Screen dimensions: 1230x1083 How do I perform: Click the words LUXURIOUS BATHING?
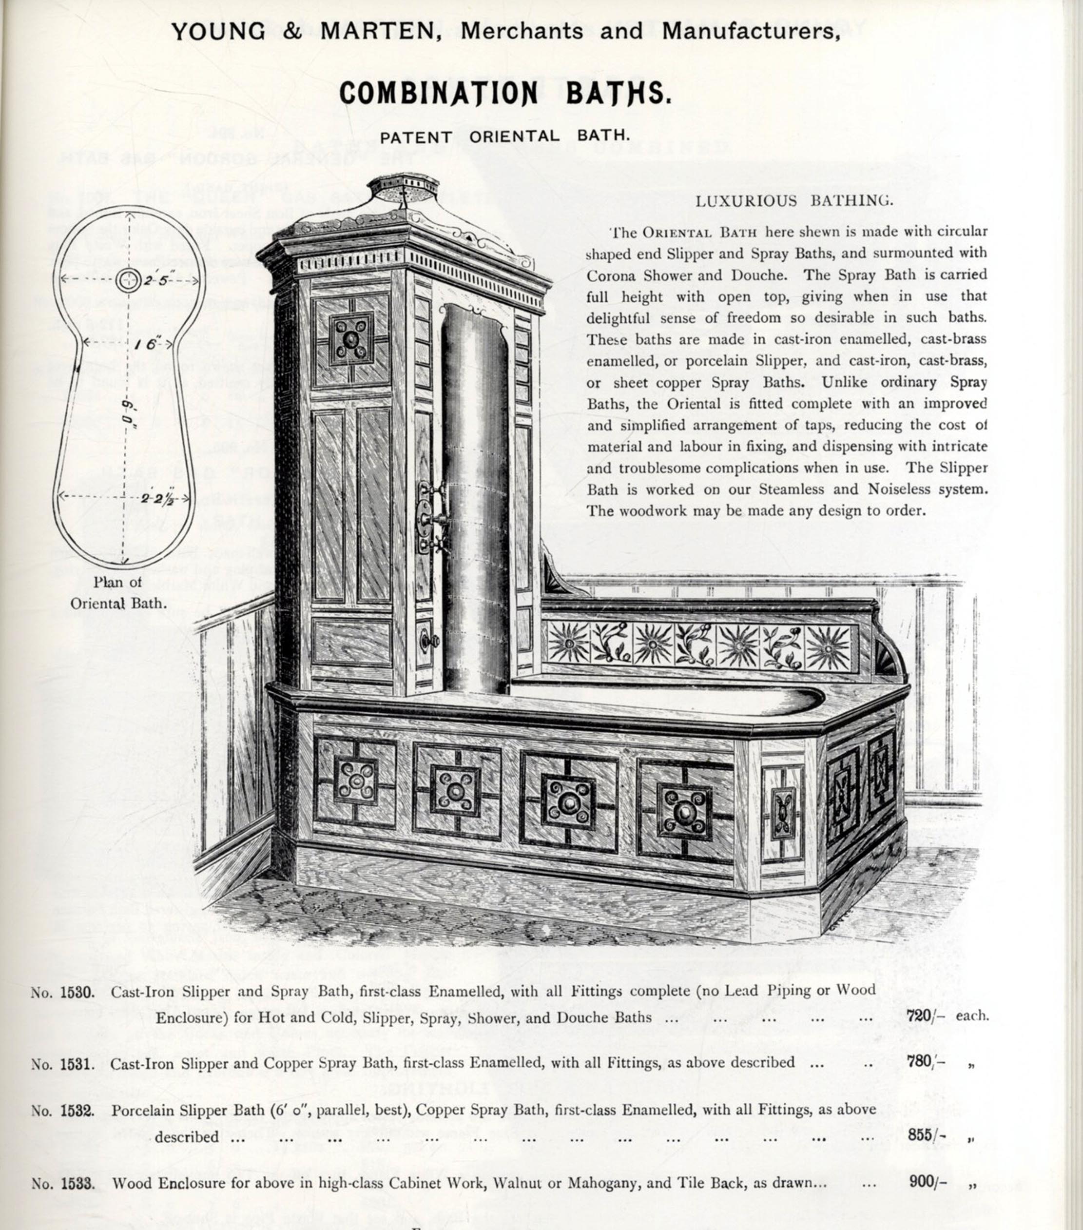coord(794,201)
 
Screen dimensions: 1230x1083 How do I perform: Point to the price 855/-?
coord(927,1134)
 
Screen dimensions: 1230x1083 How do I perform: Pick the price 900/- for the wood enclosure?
coord(927,1182)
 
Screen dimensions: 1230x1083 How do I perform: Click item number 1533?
coord(77,1184)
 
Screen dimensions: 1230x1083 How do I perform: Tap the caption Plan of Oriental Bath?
coord(117,592)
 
